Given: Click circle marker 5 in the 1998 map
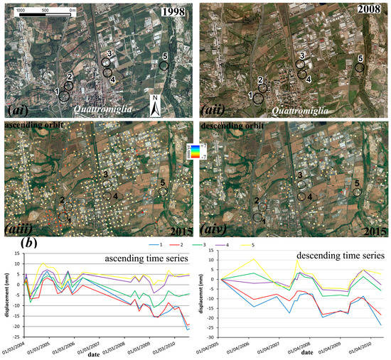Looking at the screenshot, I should pyautogui.click(x=164, y=65).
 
